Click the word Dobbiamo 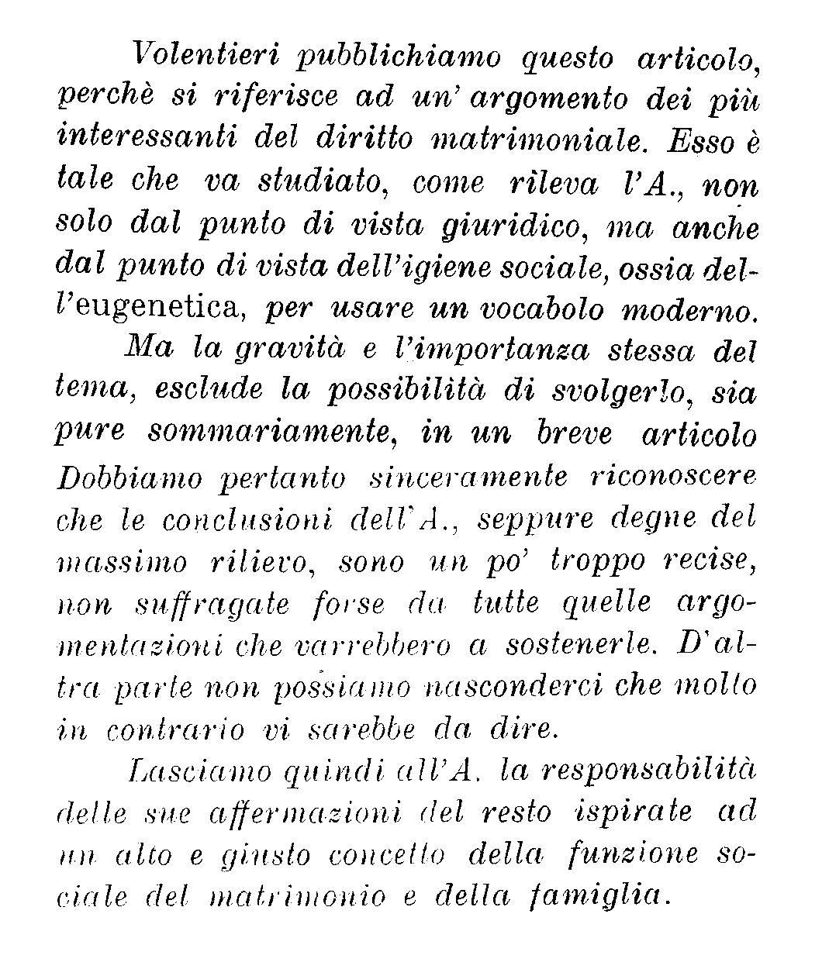(x=127, y=478)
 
